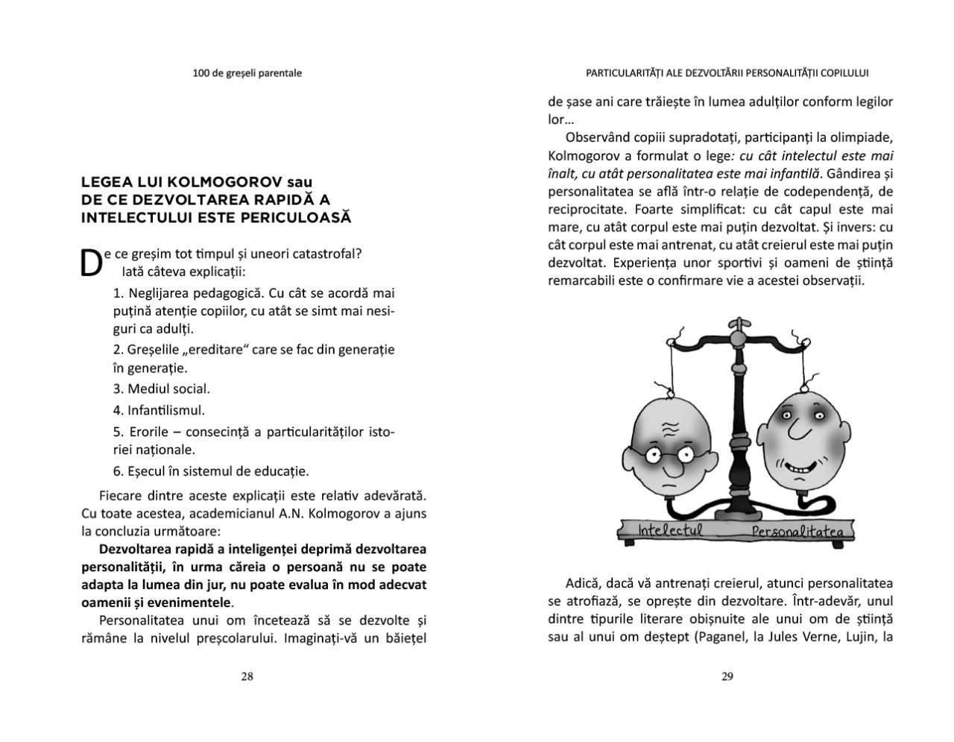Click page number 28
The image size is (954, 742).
tap(247, 677)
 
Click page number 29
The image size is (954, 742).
tap(727, 677)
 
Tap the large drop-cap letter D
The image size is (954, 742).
tap(90, 263)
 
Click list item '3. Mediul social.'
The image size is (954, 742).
tap(162, 389)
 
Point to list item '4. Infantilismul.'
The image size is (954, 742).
tap(159, 410)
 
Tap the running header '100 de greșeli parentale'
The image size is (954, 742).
tap(247, 73)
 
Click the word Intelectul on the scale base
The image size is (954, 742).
tap(670, 530)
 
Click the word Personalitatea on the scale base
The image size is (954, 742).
tap(796, 532)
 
